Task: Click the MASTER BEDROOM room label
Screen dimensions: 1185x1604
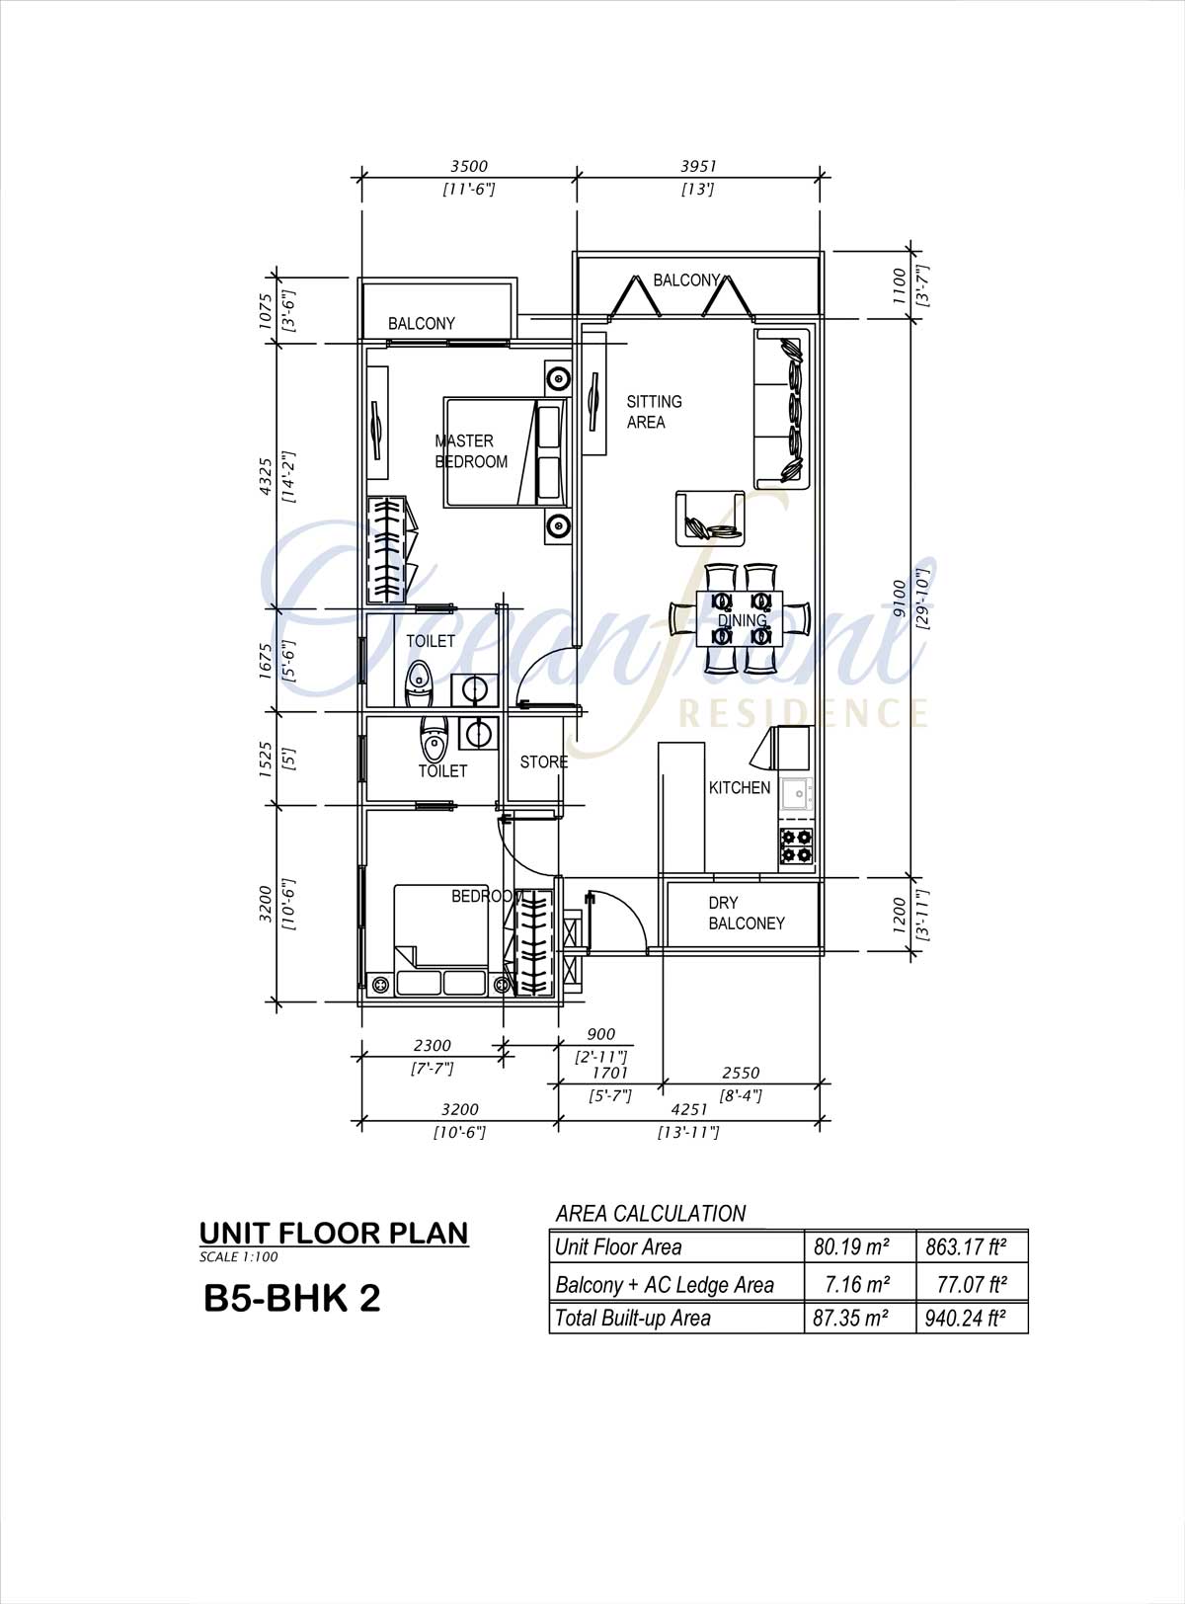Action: [471, 451]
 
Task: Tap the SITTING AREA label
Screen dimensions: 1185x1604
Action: [654, 412]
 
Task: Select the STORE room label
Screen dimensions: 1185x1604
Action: [544, 762]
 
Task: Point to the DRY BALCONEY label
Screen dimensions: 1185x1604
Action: [747, 913]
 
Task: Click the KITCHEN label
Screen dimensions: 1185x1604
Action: [739, 787]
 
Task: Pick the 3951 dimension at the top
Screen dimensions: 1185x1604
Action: [698, 166]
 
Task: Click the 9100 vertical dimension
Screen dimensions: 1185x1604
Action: [899, 598]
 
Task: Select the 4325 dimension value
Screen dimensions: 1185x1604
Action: [266, 477]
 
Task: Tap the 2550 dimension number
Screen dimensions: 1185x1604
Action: [741, 1073]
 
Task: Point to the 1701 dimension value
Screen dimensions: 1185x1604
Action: [609, 1073]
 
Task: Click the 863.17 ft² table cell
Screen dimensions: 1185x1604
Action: [966, 1247]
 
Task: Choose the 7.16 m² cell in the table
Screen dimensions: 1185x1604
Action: [857, 1284]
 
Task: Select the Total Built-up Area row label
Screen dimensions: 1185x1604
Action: [632, 1319]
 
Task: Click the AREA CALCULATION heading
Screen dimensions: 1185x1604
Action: [651, 1213]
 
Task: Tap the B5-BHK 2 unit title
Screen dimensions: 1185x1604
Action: [292, 1298]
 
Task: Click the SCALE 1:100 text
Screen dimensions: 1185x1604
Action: [239, 1257]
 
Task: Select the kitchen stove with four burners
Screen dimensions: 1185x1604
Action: [795, 846]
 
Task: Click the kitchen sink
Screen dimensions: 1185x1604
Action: [796, 795]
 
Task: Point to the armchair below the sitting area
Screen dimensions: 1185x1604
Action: [710, 519]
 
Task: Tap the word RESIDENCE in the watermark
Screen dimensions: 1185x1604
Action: [803, 712]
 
